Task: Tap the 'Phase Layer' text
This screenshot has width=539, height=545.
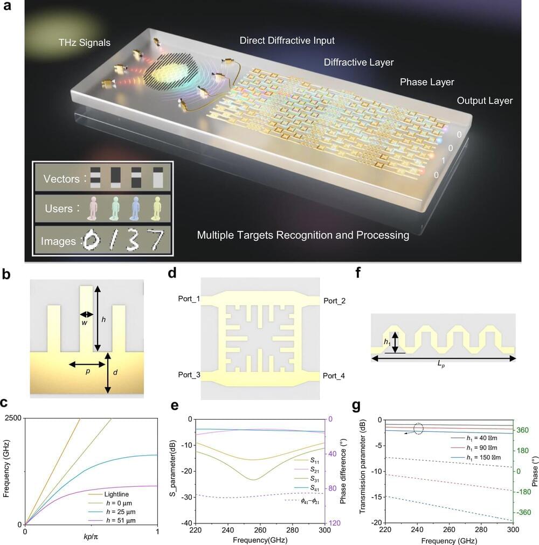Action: click(x=427, y=82)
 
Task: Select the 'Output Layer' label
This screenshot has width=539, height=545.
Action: click(x=485, y=101)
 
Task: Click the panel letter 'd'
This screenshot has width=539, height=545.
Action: click(x=172, y=273)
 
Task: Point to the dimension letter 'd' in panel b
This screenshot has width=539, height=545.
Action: click(x=115, y=373)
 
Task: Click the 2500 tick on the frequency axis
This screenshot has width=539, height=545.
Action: click(x=13, y=419)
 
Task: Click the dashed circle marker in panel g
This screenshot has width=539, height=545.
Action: click(x=419, y=429)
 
